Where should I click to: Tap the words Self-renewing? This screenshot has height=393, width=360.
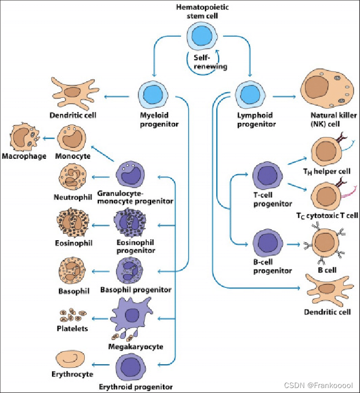pyautogui.click(x=203, y=62)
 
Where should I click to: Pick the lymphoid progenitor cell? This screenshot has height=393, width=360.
pyautogui.click(x=248, y=95)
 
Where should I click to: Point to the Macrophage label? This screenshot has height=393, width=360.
pyautogui.click(x=24, y=156)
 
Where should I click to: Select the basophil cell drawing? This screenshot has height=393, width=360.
pyautogui.click(x=73, y=270)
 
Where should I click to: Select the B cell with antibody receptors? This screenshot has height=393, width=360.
pyautogui.click(x=325, y=243)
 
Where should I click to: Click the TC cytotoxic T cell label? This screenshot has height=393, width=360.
pyautogui.click(x=330, y=215)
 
